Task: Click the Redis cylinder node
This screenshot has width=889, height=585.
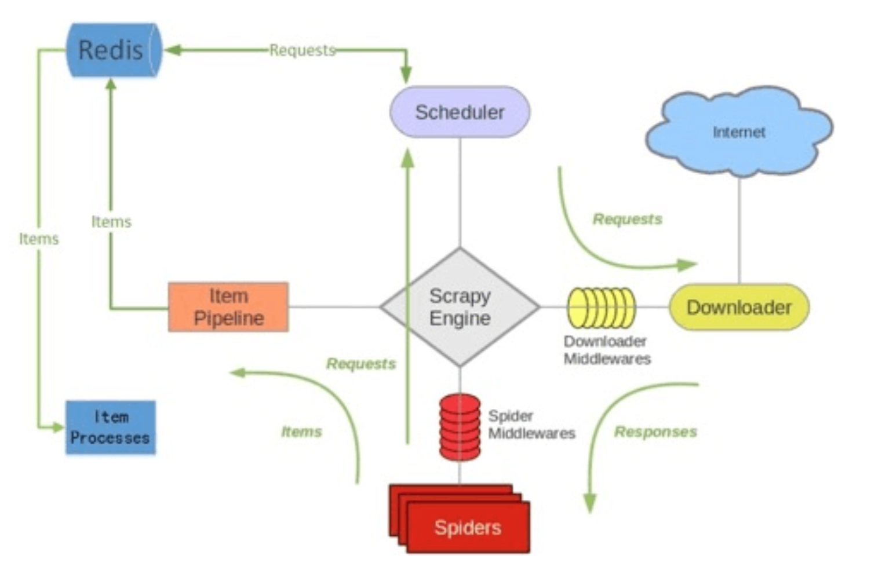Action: click(113, 50)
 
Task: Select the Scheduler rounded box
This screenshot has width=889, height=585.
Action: click(460, 112)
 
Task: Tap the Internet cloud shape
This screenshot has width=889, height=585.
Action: click(739, 132)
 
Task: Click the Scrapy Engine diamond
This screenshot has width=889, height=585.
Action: click(460, 307)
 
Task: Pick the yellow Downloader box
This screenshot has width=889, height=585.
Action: click(739, 308)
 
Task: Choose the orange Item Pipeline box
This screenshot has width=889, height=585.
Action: click(228, 307)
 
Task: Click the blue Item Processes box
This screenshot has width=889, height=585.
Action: click(110, 427)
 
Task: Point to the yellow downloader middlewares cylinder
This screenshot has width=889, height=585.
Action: click(601, 308)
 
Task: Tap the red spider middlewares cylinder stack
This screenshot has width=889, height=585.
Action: click(460, 427)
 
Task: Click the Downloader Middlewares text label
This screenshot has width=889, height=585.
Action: click(607, 350)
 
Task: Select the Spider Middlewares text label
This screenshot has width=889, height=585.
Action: click(531, 425)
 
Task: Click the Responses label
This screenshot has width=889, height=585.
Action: click(655, 432)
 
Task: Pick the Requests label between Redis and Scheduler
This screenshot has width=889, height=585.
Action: click(303, 50)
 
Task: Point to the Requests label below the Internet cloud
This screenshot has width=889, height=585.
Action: click(627, 220)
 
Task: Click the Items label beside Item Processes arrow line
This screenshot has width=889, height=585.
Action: click(39, 239)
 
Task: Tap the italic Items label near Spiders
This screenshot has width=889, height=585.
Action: click(301, 432)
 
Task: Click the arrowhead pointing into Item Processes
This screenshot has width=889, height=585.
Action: click(58, 427)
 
